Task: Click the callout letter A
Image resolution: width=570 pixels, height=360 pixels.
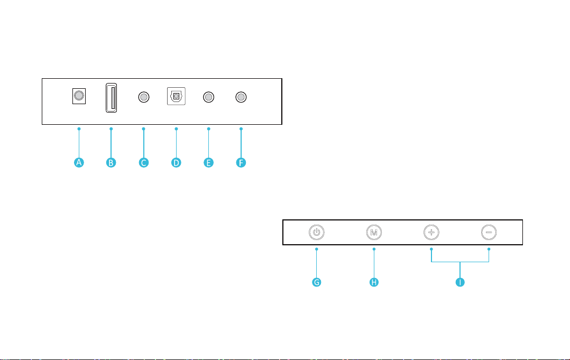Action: point(79,162)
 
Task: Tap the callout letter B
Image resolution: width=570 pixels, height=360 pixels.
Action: point(111,162)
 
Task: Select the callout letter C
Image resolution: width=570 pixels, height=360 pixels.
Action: point(144,162)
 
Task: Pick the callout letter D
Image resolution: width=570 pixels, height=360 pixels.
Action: point(176,162)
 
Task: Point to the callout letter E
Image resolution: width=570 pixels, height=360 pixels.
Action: point(208,162)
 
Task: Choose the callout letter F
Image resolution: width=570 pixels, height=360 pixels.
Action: point(241,162)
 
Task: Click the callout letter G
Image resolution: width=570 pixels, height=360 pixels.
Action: point(317,282)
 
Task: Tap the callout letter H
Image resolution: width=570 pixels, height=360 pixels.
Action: point(374,282)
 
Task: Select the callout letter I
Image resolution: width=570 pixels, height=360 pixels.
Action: point(460,282)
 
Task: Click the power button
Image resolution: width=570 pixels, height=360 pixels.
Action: point(317,232)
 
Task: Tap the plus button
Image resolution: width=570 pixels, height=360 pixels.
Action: point(431,232)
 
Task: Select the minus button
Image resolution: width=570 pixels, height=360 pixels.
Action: point(489,232)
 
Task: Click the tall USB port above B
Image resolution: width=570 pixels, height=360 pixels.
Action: point(111,98)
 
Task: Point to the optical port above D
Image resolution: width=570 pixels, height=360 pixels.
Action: point(176,96)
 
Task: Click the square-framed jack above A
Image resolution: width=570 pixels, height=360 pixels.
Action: point(79,96)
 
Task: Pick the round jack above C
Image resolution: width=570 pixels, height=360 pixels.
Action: point(144,97)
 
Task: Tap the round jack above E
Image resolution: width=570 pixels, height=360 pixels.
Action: point(209,97)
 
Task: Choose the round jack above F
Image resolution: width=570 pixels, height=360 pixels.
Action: point(241,97)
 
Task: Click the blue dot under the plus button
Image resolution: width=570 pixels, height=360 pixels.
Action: point(431,249)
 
